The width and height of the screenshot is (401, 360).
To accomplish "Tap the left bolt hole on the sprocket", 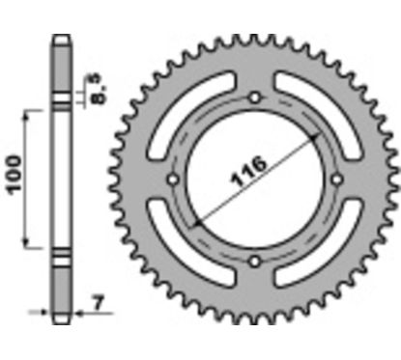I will tap(173, 180).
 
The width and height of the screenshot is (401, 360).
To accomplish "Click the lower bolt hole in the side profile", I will tap(61, 258).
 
